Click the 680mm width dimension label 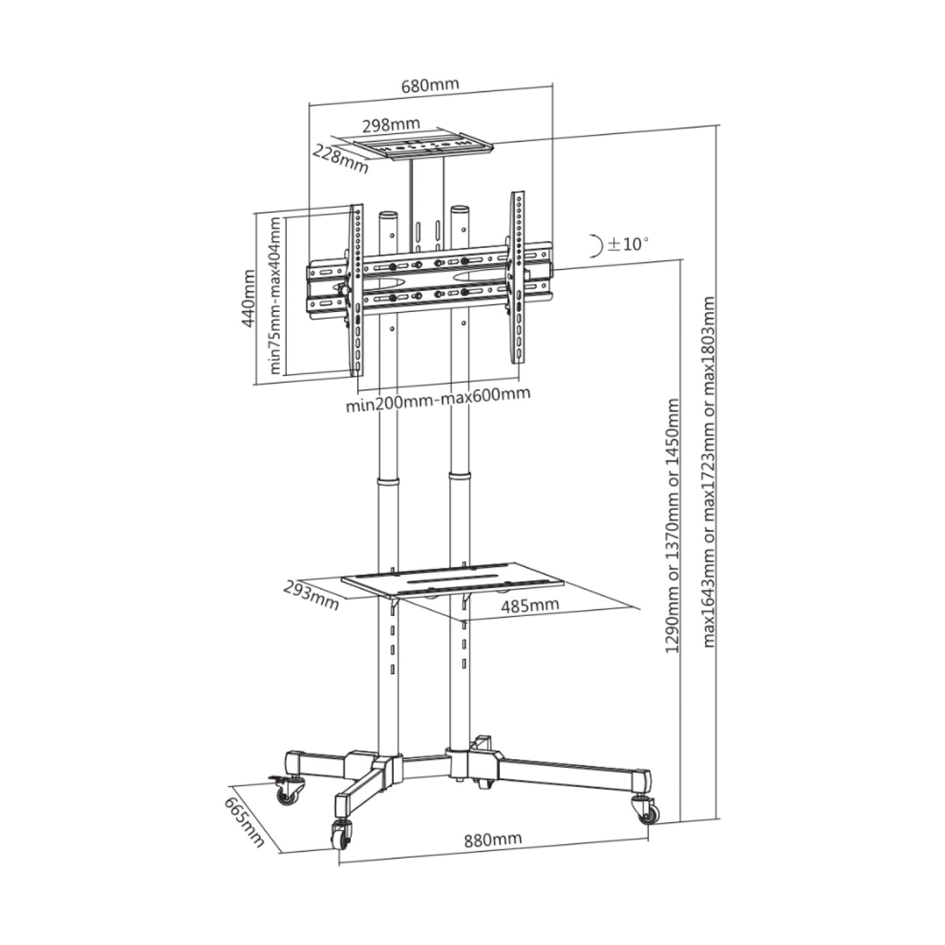pyautogui.click(x=430, y=85)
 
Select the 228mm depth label pyautogui.click(x=340, y=159)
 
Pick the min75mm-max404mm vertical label pyautogui.click(x=276, y=295)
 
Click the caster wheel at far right pyautogui.click(x=647, y=811)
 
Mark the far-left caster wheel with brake pyautogui.click(x=288, y=793)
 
